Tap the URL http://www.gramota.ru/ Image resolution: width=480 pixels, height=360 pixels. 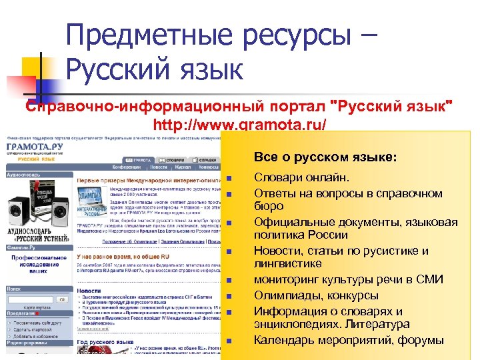point(240,124)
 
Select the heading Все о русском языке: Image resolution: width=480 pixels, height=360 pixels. point(325,158)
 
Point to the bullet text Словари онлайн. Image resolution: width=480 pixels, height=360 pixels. point(301,178)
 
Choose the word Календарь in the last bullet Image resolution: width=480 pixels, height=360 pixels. point(285,340)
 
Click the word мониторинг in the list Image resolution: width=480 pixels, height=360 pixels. point(288,280)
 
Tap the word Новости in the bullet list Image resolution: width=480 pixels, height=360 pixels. point(278,251)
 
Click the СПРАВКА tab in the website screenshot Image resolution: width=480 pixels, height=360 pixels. point(207,161)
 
